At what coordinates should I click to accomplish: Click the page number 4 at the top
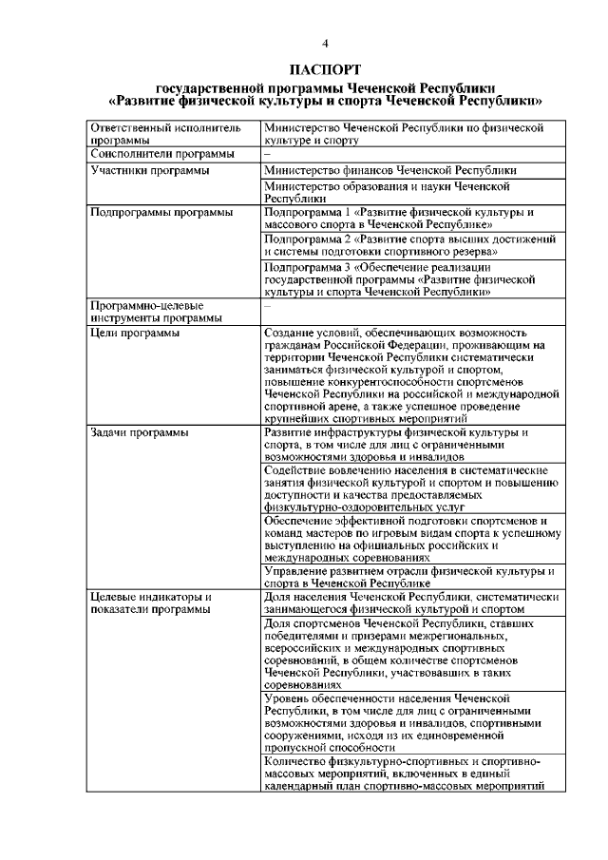(x=326, y=45)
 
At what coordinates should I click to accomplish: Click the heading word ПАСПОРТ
(x=325, y=69)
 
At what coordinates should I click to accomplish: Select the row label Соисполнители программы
(x=161, y=154)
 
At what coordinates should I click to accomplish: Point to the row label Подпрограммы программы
(x=161, y=213)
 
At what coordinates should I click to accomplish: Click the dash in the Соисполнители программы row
(x=268, y=154)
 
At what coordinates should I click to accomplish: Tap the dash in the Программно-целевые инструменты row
(x=268, y=306)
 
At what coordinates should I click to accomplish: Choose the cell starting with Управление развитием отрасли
(x=409, y=577)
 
